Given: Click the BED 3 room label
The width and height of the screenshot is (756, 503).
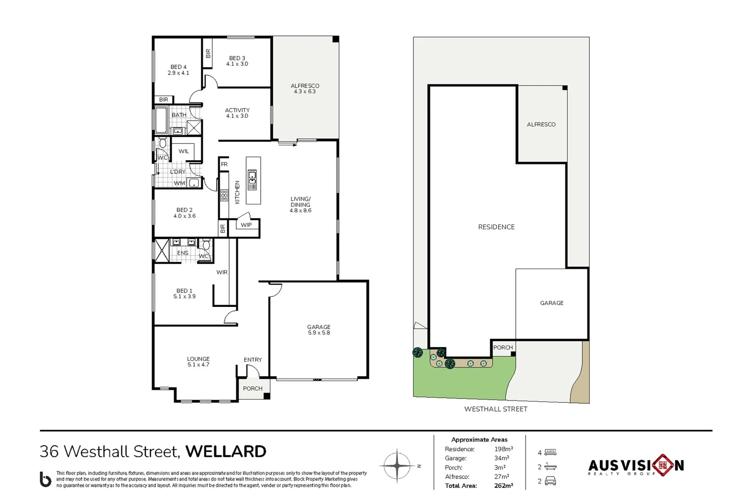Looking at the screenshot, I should (237, 58).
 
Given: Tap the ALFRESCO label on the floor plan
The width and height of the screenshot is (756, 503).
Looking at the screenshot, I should (305, 86).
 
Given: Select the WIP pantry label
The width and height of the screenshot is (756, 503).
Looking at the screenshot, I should (246, 225).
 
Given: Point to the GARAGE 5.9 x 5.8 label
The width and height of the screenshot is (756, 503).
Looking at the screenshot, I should (319, 330).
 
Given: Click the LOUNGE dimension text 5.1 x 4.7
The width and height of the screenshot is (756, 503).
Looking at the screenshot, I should (198, 365).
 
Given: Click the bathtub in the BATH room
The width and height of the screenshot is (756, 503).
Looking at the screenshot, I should (162, 120).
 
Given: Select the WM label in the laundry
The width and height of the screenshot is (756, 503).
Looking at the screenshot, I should (179, 183).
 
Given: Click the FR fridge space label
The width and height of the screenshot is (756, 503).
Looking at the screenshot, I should (224, 164).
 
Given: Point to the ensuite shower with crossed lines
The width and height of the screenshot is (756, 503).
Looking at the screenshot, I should (162, 251).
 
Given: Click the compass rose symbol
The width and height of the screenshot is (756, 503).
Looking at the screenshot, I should (397, 465).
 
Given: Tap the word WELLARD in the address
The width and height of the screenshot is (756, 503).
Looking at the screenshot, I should (226, 451).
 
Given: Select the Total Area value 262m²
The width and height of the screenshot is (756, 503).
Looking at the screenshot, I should (503, 486).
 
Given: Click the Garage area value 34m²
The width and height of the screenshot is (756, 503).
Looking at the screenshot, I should (501, 458).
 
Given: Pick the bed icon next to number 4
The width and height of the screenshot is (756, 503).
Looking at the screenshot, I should (550, 452).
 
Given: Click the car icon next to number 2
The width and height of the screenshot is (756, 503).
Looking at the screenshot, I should (550, 481).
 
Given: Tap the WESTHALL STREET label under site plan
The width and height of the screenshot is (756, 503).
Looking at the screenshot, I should (496, 409).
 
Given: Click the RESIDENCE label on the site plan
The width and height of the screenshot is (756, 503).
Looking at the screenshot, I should (496, 227).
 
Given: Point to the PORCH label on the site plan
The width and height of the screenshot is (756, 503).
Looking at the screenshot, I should (503, 347).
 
